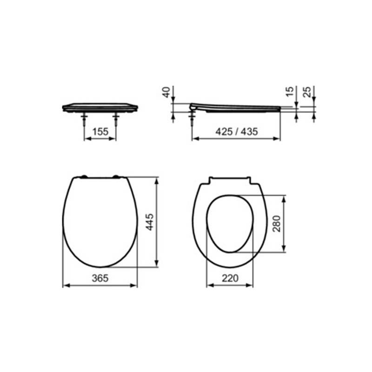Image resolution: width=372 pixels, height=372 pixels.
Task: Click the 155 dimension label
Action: click(x=100, y=132)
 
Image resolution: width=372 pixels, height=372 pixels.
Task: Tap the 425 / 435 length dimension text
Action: click(x=236, y=132)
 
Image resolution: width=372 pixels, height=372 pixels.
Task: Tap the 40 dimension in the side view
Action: click(x=166, y=92)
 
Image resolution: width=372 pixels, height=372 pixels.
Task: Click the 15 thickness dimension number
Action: click(x=291, y=92)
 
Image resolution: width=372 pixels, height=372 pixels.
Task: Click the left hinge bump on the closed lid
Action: click(x=84, y=176)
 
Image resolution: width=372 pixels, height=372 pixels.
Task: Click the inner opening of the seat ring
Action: click(x=230, y=223)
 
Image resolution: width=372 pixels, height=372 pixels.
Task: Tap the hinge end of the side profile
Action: click(x=193, y=107)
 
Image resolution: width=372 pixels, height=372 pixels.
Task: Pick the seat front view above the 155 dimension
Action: click(x=100, y=107)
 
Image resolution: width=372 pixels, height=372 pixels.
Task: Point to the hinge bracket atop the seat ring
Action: click(x=230, y=179)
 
